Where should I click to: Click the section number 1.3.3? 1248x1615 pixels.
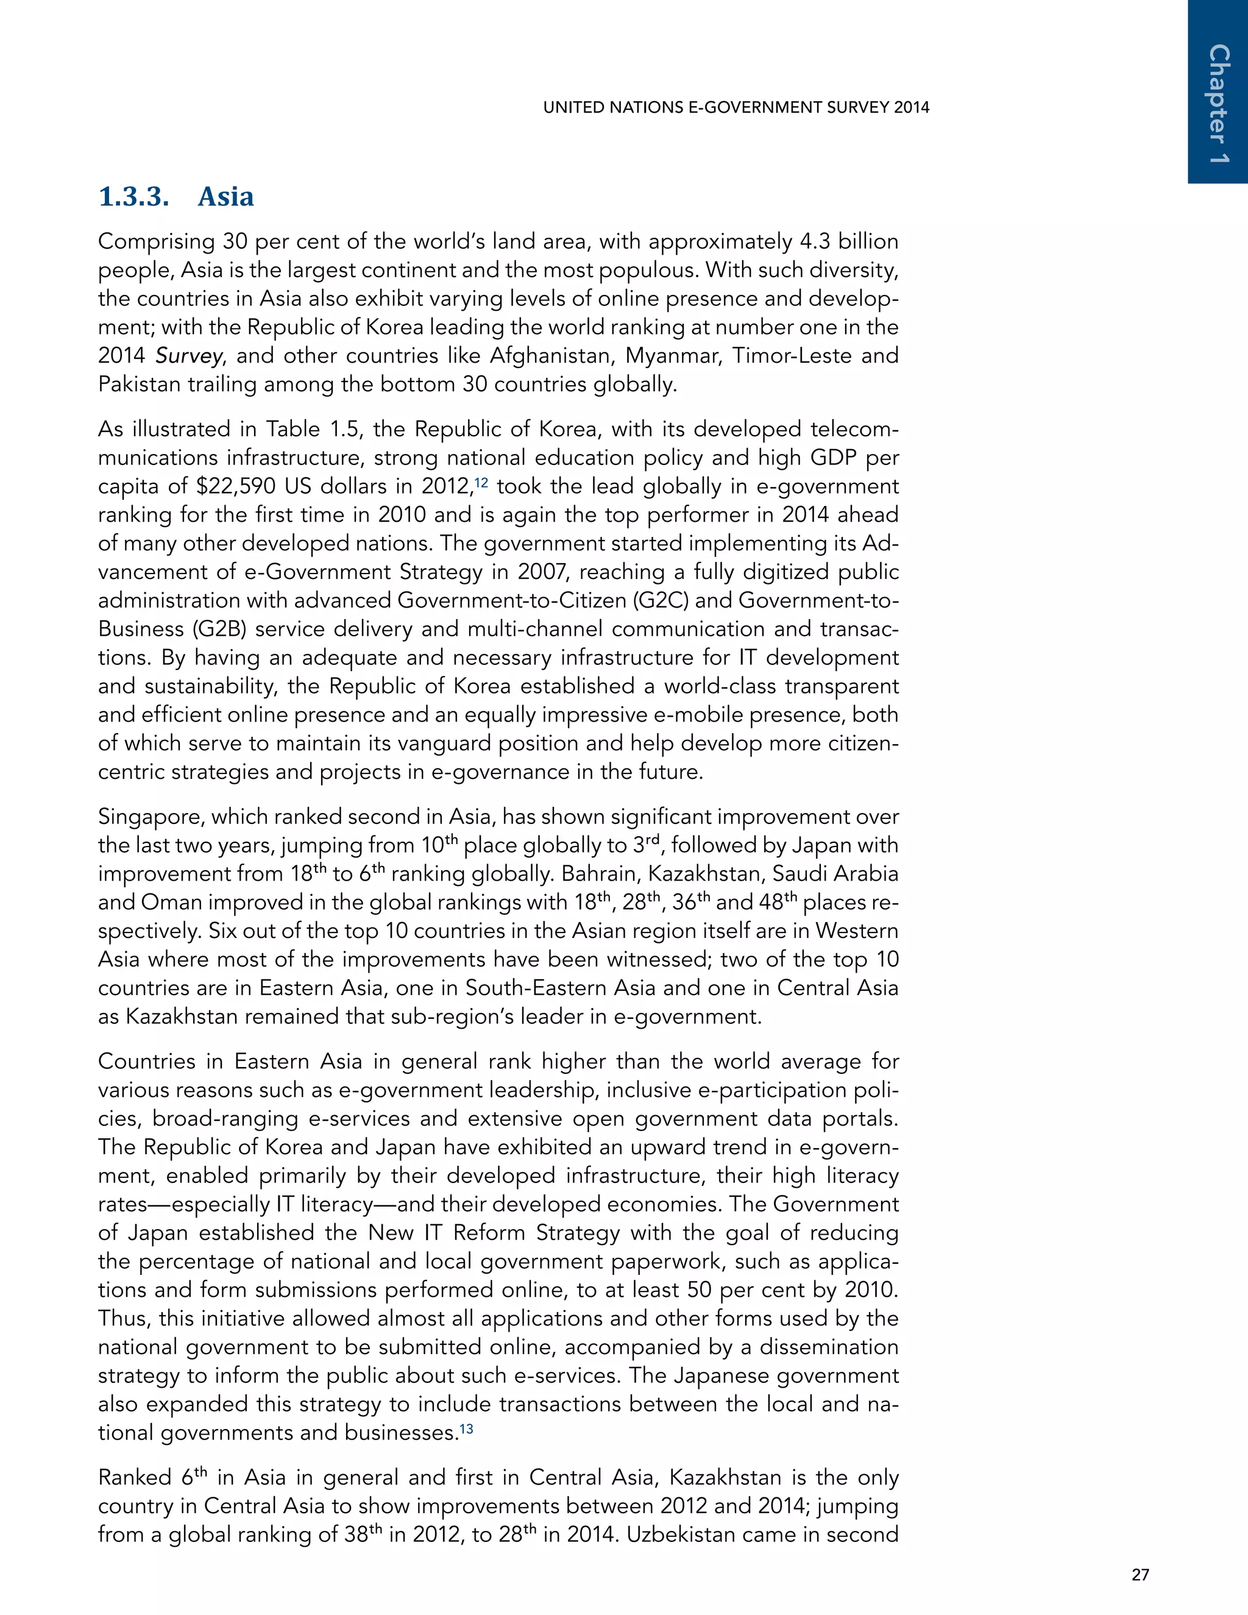coord(134,197)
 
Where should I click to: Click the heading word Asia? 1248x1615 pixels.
coord(225,197)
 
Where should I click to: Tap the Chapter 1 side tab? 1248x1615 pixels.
coord(1218,104)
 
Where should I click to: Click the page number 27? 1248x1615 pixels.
coord(1140,1574)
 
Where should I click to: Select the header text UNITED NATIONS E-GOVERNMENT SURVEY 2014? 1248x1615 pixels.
coord(736,107)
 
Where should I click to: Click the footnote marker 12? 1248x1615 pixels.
coord(481,482)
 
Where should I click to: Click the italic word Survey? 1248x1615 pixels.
coord(188,357)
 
